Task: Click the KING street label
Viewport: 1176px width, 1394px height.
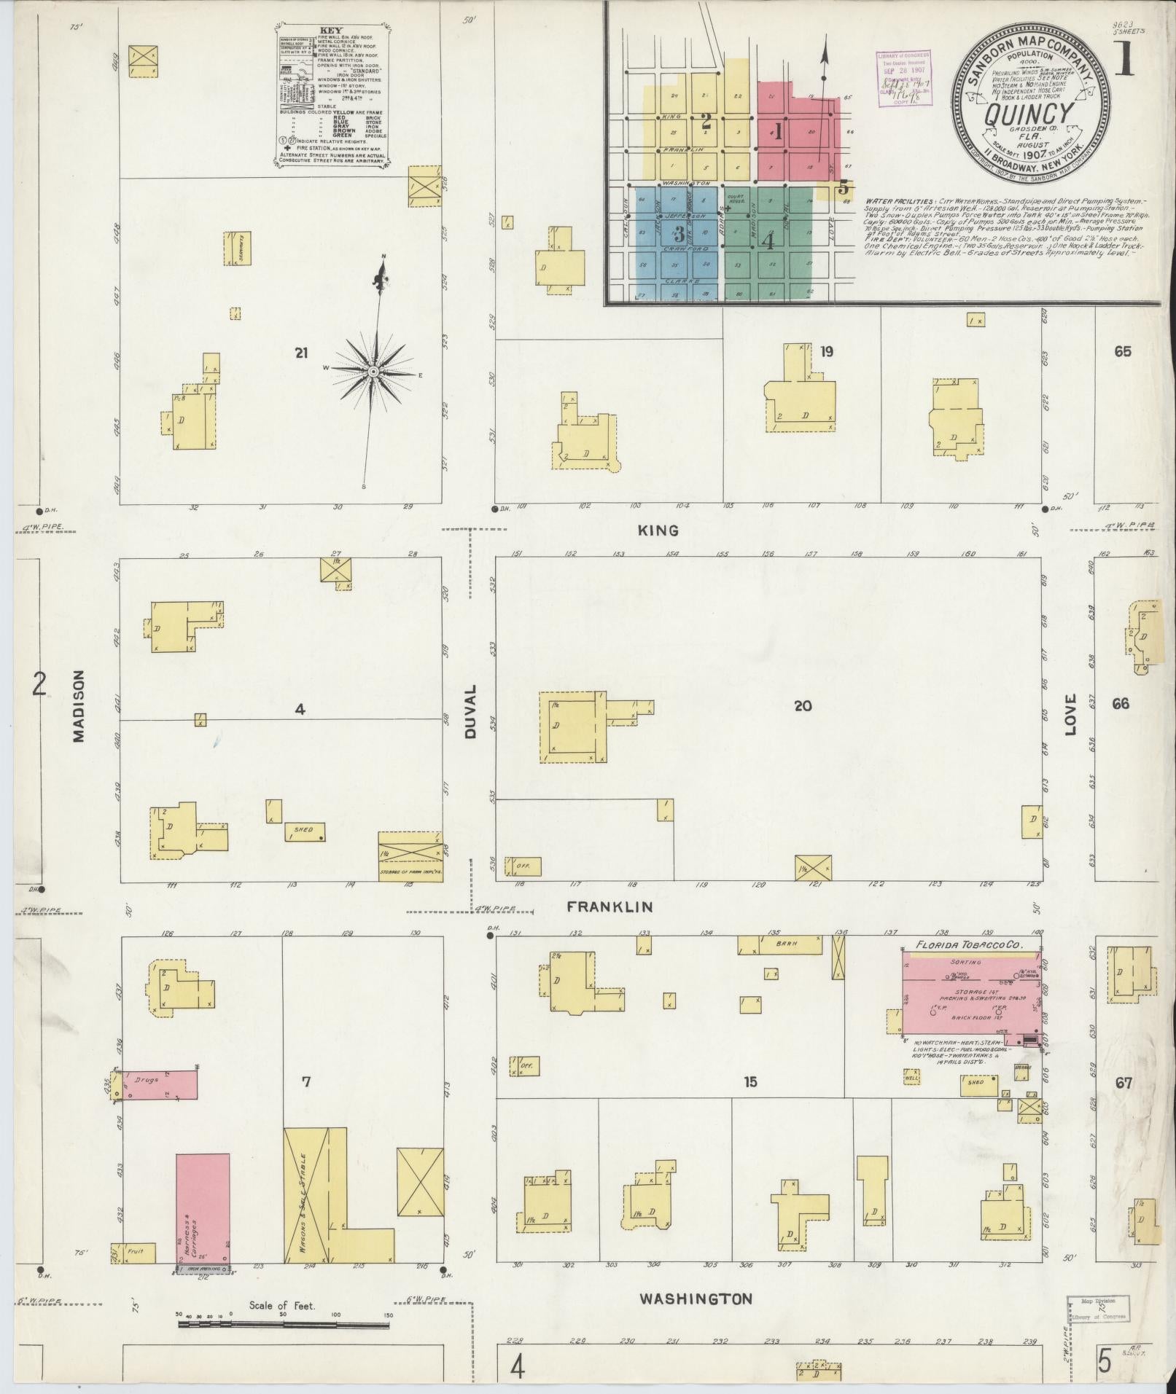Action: tap(658, 530)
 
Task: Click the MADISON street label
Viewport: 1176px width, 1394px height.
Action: tap(79, 706)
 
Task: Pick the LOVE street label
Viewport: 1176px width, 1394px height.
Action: tap(1071, 717)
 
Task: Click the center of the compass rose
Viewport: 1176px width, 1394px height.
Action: tap(374, 372)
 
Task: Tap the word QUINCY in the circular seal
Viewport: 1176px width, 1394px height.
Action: tap(1029, 114)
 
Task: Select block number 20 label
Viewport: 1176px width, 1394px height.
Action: tap(802, 705)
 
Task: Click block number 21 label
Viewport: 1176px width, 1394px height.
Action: tap(301, 353)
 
